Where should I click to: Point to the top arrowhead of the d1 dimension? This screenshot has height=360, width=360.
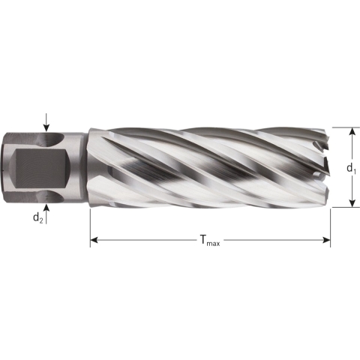[349, 131]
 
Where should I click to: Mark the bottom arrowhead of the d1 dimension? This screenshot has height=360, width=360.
[349, 202]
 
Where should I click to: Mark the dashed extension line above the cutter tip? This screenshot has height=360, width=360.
[341, 127]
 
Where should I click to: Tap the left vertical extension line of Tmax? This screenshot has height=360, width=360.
[90, 225]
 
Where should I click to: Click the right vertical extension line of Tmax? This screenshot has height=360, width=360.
[331, 225]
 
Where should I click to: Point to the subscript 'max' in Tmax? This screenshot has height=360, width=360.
[214, 242]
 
